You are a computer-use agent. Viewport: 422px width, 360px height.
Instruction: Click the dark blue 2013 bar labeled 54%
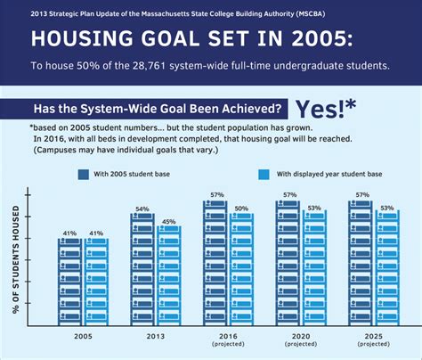(142, 269)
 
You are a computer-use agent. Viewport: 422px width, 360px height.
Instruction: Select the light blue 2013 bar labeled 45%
(169, 276)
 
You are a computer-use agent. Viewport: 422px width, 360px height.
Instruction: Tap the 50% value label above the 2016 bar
(241, 209)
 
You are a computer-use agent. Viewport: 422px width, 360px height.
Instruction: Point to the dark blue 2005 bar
(69, 282)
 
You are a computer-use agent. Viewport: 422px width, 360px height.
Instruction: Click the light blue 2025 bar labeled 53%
(387, 268)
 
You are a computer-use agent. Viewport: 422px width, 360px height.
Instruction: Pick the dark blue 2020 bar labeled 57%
(288, 263)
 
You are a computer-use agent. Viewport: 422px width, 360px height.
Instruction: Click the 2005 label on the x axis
(83, 337)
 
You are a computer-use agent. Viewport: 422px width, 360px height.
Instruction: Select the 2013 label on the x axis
(156, 337)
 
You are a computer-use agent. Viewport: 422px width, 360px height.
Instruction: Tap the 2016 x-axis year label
(228, 336)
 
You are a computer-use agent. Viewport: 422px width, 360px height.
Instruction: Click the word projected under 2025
(374, 344)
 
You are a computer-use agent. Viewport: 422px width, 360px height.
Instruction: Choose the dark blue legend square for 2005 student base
(84, 175)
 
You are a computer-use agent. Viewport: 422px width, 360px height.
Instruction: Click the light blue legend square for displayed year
(264, 175)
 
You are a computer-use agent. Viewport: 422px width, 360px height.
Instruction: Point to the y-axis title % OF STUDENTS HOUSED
(16, 259)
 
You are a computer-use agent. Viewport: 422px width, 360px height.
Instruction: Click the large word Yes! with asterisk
(326, 109)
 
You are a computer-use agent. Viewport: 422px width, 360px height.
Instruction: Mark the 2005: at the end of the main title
(323, 38)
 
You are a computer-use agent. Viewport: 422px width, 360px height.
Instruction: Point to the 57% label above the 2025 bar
(362, 195)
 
